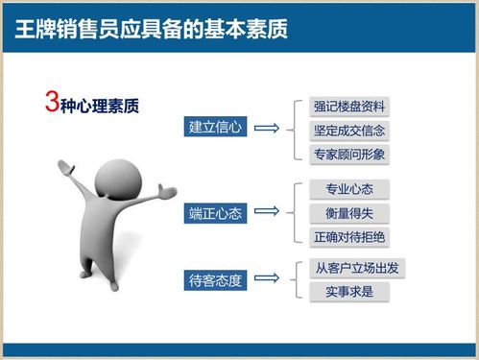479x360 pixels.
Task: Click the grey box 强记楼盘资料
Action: coord(349,107)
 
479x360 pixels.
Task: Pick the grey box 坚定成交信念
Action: coord(349,131)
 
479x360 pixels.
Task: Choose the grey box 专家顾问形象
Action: coord(349,154)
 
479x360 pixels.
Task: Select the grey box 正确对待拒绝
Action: coord(349,236)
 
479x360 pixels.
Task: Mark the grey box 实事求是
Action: coord(349,292)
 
